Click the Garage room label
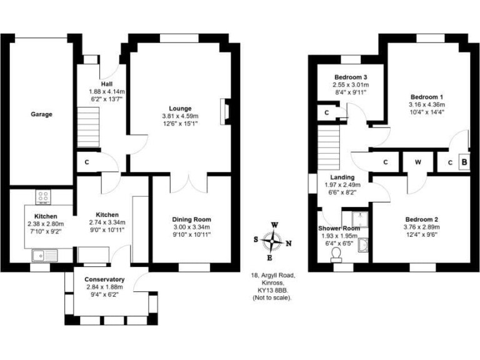(x=42, y=114)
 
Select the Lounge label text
(x=179, y=108)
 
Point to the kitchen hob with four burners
(x=44, y=197)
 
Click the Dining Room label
(x=191, y=219)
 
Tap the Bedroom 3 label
(x=350, y=77)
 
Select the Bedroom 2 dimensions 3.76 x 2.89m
(x=421, y=227)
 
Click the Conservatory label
(x=105, y=279)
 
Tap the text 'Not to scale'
(x=272, y=298)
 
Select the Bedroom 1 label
(x=426, y=97)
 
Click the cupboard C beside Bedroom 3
(x=327, y=112)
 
